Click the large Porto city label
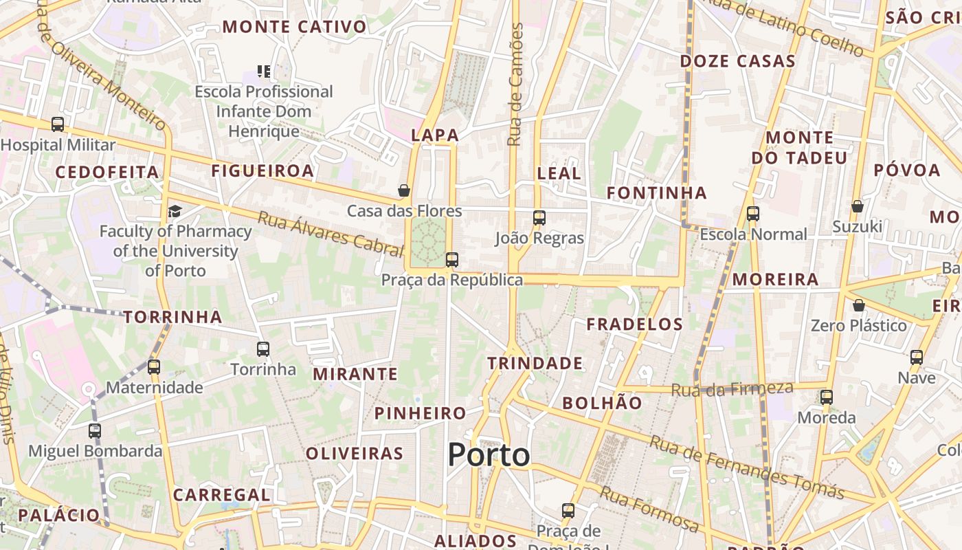[489, 455]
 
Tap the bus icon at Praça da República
[451, 260]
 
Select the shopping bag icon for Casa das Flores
[404, 190]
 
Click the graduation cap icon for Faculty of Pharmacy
[175, 211]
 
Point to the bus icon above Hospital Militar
[58, 124]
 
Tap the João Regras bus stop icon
[539, 218]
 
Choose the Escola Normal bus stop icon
[753, 214]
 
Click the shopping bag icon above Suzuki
[858, 206]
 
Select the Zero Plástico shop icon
[858, 305]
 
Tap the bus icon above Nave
[917, 357]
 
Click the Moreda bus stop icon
[827, 397]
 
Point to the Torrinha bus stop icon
[263, 349]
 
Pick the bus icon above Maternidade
[154, 367]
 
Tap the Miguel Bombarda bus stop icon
[95, 431]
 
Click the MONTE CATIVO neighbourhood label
[294, 27]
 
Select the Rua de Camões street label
[515, 85]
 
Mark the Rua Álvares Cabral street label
[329, 234]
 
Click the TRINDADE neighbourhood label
[535, 363]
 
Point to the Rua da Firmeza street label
[732, 389]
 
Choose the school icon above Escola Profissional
[264, 71]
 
